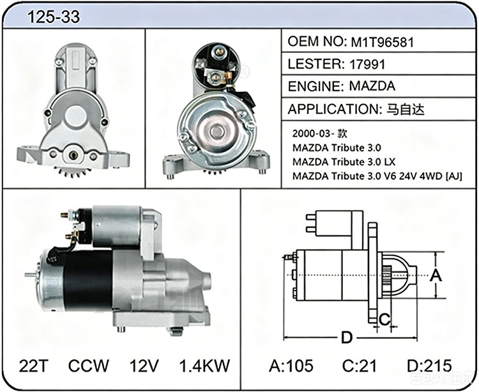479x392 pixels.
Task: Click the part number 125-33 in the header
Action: pyautogui.click(x=54, y=17)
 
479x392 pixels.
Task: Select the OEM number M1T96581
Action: pyautogui.click(x=382, y=42)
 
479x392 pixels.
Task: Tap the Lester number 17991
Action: pyautogui.click(x=367, y=64)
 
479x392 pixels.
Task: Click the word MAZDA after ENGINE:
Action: pyautogui.click(x=372, y=86)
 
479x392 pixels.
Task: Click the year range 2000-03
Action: pyautogui.click(x=312, y=133)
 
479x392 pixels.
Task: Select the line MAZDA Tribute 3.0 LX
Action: pyautogui.click(x=344, y=162)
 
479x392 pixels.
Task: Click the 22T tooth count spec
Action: pyautogui.click(x=34, y=366)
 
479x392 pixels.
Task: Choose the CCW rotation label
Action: pyautogui.click(x=89, y=366)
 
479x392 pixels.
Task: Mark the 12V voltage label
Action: pyautogui.click(x=144, y=366)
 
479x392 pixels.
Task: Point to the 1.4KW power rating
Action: pyautogui.click(x=204, y=366)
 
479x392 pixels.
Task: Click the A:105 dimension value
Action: pyautogui.click(x=291, y=366)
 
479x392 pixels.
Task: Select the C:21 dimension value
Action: pyautogui.click(x=360, y=366)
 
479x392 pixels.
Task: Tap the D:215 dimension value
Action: pyautogui.click(x=429, y=366)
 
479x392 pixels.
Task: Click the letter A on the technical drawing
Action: pyautogui.click(x=436, y=275)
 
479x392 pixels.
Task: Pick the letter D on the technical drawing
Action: pyautogui.click(x=347, y=338)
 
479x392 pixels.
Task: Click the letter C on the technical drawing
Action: pyautogui.click(x=384, y=319)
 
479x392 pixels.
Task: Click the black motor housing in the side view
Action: pyautogui.click(x=88, y=280)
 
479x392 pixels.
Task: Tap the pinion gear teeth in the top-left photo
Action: pyautogui.click(x=72, y=172)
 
